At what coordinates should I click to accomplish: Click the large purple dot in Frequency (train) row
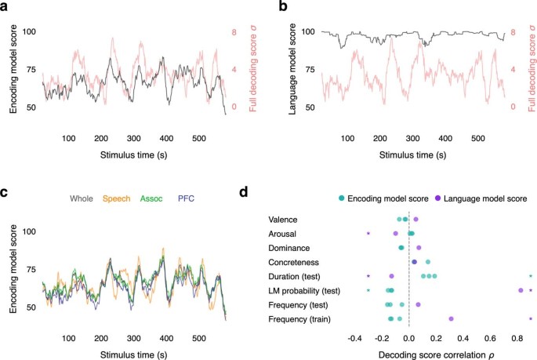[x=451, y=318]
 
